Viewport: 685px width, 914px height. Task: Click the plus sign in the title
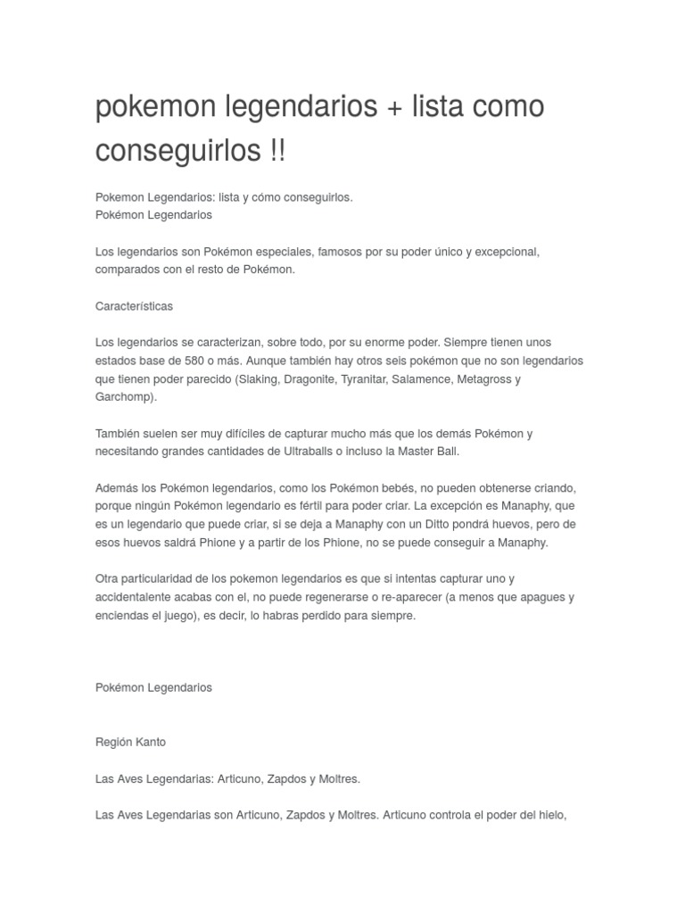pyautogui.click(x=393, y=106)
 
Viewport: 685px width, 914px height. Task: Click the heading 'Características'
pyautogui.click(x=134, y=306)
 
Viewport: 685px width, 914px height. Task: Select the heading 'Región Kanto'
pyautogui.click(x=130, y=742)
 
